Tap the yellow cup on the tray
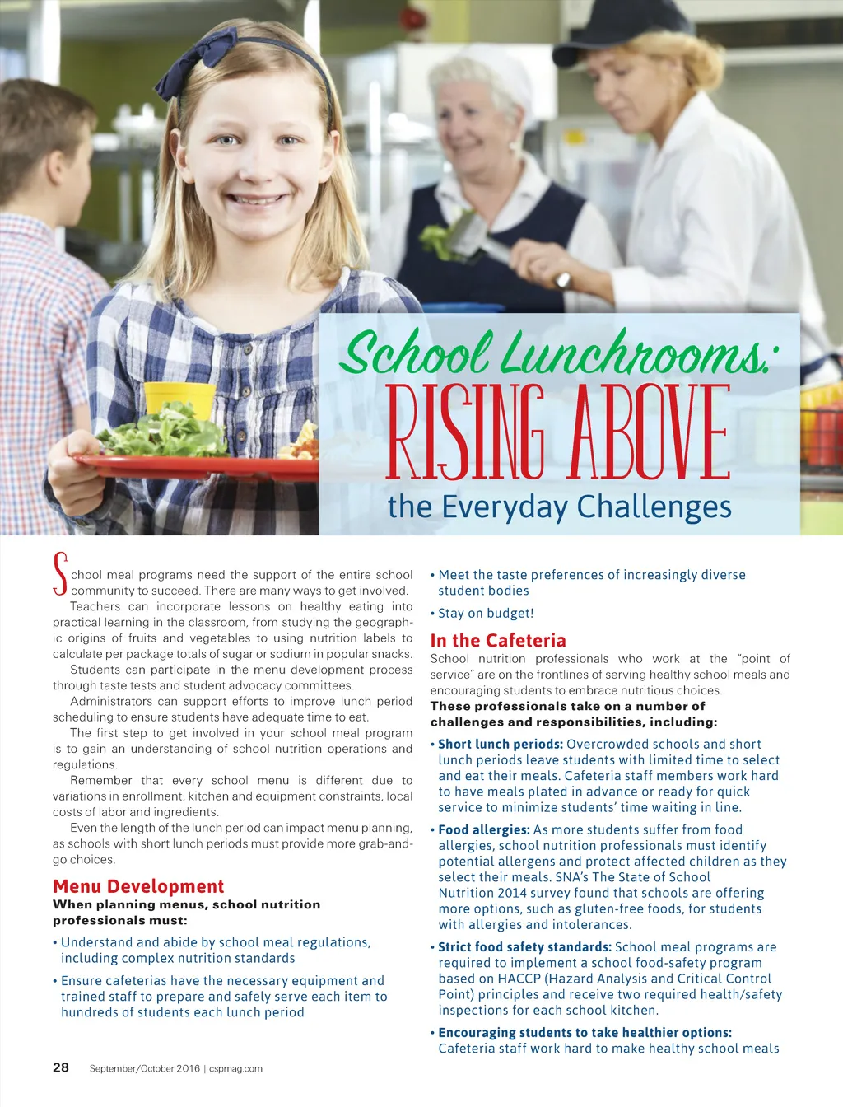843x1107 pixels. coord(179,399)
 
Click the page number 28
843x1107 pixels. coord(61,1067)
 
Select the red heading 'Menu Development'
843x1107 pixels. coord(138,886)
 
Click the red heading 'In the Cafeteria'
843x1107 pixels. coord(498,640)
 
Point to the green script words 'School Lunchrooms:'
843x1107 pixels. coord(557,354)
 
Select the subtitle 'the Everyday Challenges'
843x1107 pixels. coord(559,507)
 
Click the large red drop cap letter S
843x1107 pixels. coord(59,574)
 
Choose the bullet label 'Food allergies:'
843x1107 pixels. coord(484,829)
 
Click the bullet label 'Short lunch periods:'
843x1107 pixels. coord(501,744)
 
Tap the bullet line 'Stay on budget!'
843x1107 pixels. coord(486,613)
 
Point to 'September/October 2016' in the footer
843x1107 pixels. coord(145,1069)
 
